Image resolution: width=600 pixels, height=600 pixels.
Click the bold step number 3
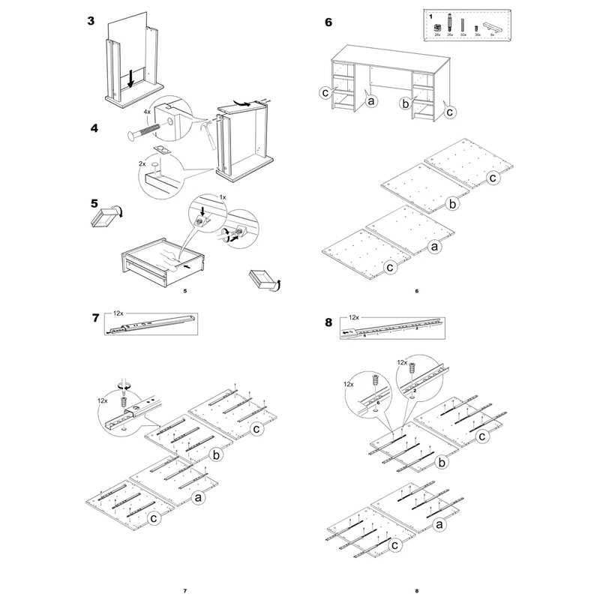coord(91,21)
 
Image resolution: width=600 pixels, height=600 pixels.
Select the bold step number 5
coord(94,202)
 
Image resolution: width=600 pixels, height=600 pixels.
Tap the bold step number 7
coord(96,318)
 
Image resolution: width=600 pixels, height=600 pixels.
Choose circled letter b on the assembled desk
coord(404,102)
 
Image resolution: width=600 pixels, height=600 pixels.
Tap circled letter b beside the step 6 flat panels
coord(452,202)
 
